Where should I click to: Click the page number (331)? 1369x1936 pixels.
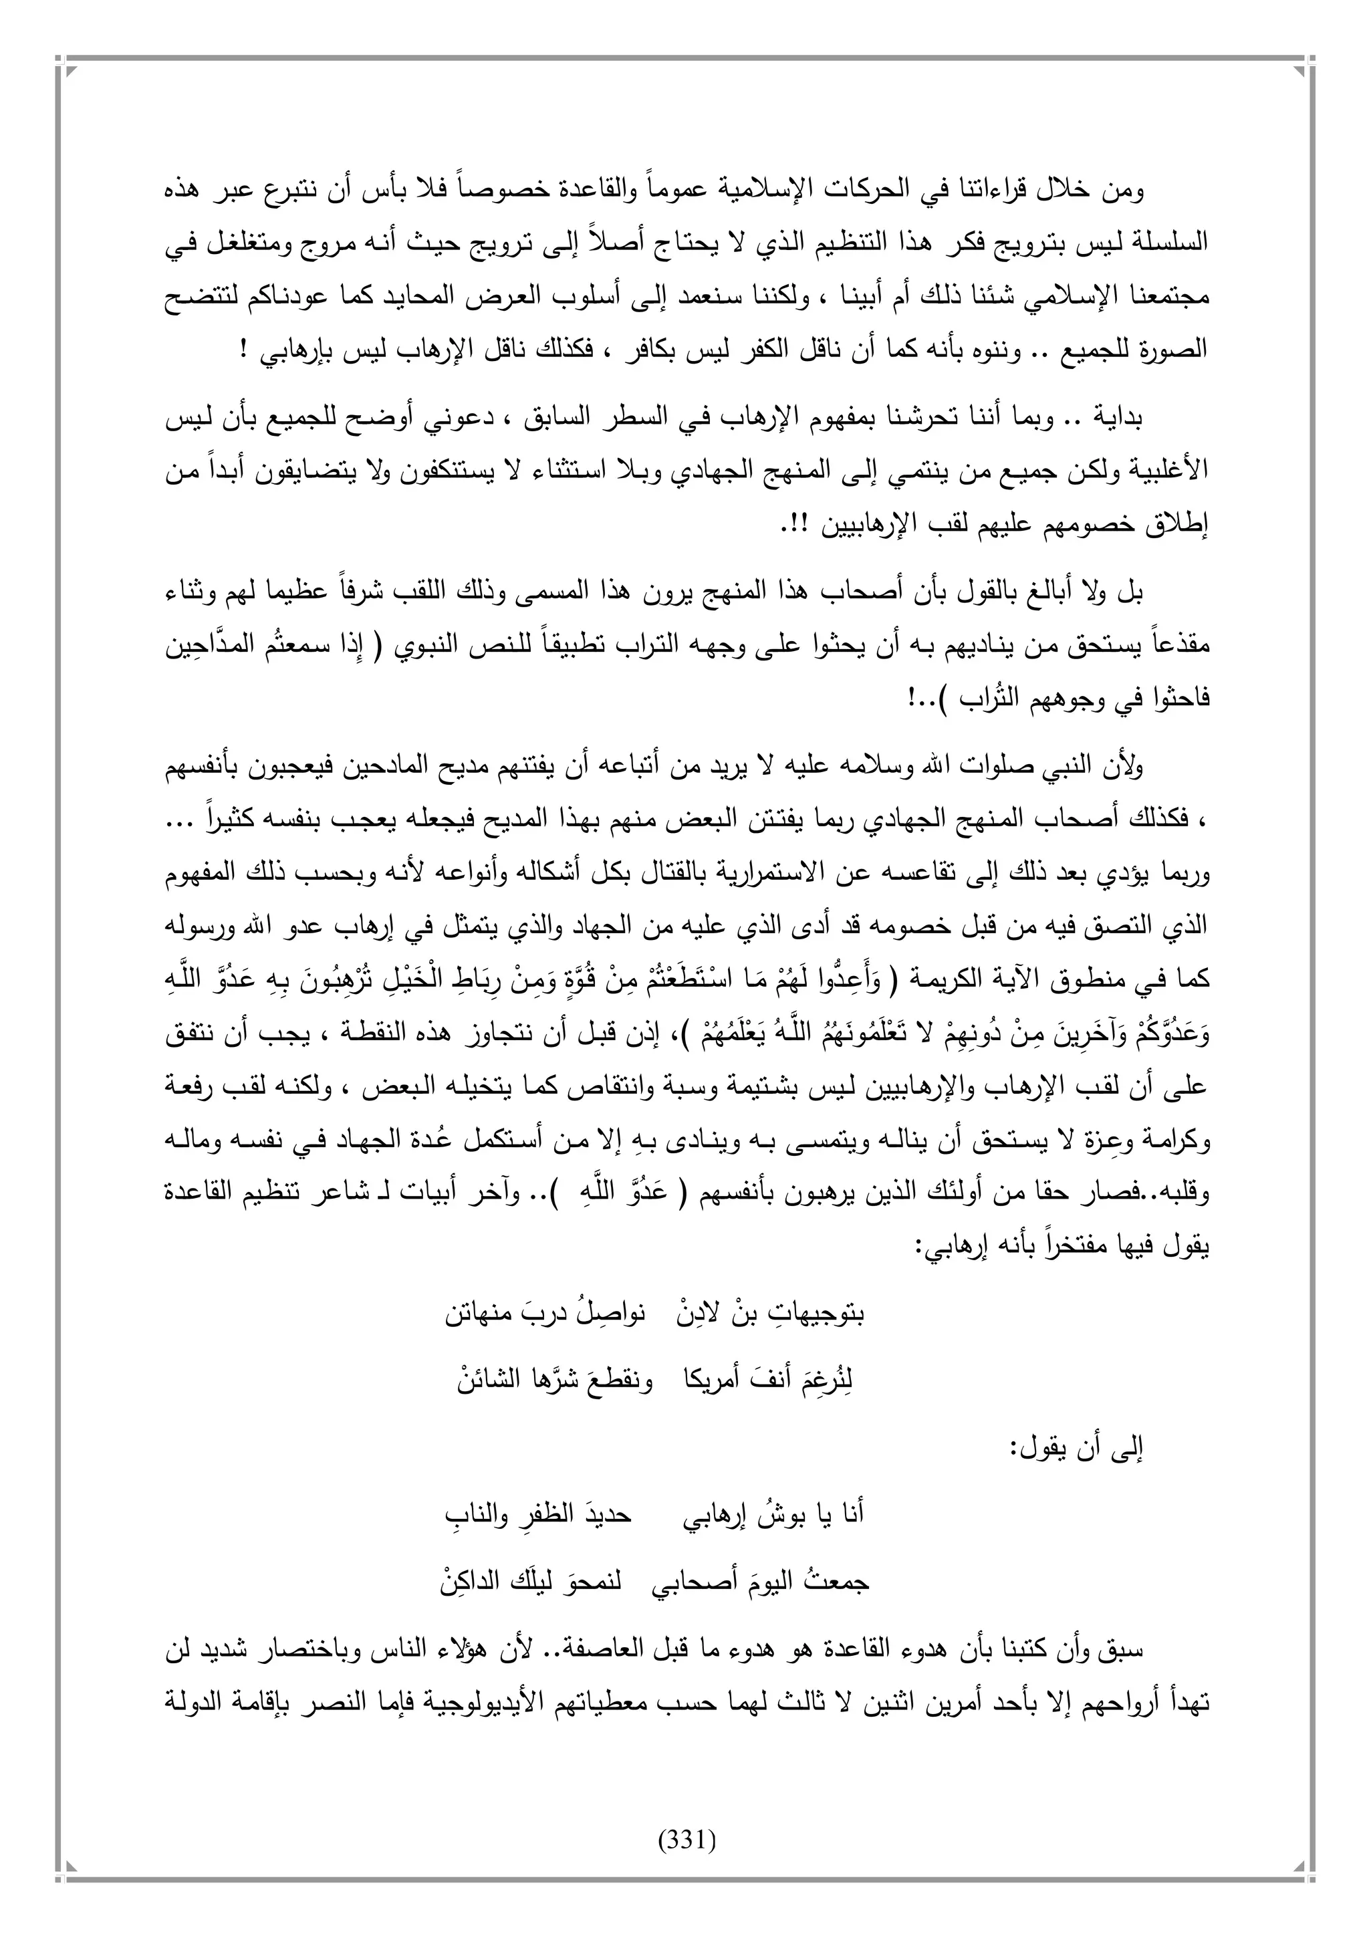[x=685, y=1832]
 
